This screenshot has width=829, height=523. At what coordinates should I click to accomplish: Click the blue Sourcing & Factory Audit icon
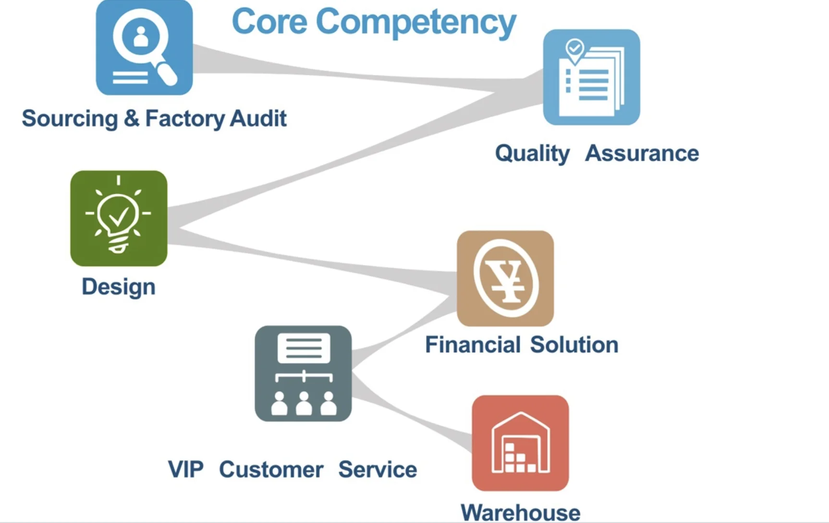click(x=144, y=47)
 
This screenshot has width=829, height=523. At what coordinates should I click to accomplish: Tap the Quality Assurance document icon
click(x=591, y=77)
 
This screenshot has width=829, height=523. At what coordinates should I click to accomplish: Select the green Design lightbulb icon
click(x=119, y=218)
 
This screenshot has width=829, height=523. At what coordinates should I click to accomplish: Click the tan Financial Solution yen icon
click(x=505, y=278)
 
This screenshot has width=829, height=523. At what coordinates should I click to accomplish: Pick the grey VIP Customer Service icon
click(x=303, y=373)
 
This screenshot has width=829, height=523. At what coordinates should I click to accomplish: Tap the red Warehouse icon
click(x=520, y=443)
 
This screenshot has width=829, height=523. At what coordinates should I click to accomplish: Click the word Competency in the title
click(x=415, y=23)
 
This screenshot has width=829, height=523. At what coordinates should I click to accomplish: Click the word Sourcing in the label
click(x=70, y=119)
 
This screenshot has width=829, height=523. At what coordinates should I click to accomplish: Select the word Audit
click(x=258, y=118)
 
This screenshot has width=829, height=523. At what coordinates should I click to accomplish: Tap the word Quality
click(x=532, y=154)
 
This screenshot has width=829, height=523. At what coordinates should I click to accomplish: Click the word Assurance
click(x=642, y=154)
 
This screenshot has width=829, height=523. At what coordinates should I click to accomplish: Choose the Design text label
click(x=119, y=287)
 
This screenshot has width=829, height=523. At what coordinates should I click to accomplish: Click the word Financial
click(x=473, y=345)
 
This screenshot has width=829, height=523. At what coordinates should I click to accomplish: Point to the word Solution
click(x=574, y=345)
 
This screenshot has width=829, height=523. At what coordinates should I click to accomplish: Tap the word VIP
click(x=185, y=469)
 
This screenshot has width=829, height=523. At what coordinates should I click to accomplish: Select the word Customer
click(x=271, y=469)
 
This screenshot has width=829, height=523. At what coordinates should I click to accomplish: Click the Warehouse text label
click(x=520, y=512)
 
